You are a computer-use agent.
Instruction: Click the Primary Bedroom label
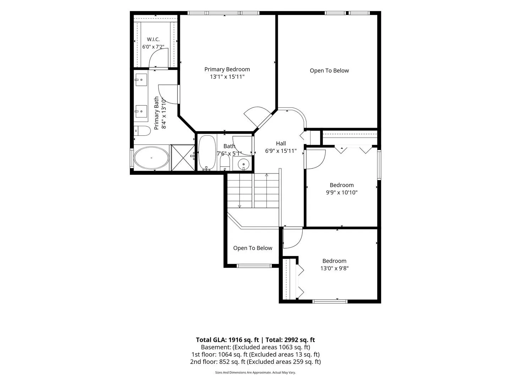(227, 69)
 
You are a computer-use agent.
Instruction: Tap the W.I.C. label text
(153, 39)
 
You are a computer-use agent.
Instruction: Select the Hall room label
(281, 144)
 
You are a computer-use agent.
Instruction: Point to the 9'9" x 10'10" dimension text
(341, 193)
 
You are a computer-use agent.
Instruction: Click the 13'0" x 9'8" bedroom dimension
(334, 268)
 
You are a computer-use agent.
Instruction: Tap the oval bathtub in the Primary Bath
(152, 158)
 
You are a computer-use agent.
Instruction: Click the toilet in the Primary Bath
(142, 131)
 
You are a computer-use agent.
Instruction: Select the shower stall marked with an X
(183, 157)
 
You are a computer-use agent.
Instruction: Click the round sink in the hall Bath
(243, 164)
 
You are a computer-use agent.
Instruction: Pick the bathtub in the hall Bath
(207, 152)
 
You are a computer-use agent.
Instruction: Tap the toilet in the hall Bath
(225, 162)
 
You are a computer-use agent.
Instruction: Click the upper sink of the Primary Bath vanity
(141, 80)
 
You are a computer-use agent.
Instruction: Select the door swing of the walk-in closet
(158, 58)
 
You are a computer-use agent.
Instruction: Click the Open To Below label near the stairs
(253, 248)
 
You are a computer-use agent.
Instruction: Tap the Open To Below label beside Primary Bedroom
(329, 71)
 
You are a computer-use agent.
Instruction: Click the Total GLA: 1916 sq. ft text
(227, 340)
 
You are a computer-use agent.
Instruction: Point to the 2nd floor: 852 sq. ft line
(255, 362)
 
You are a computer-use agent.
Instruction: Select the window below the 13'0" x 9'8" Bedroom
(330, 301)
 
